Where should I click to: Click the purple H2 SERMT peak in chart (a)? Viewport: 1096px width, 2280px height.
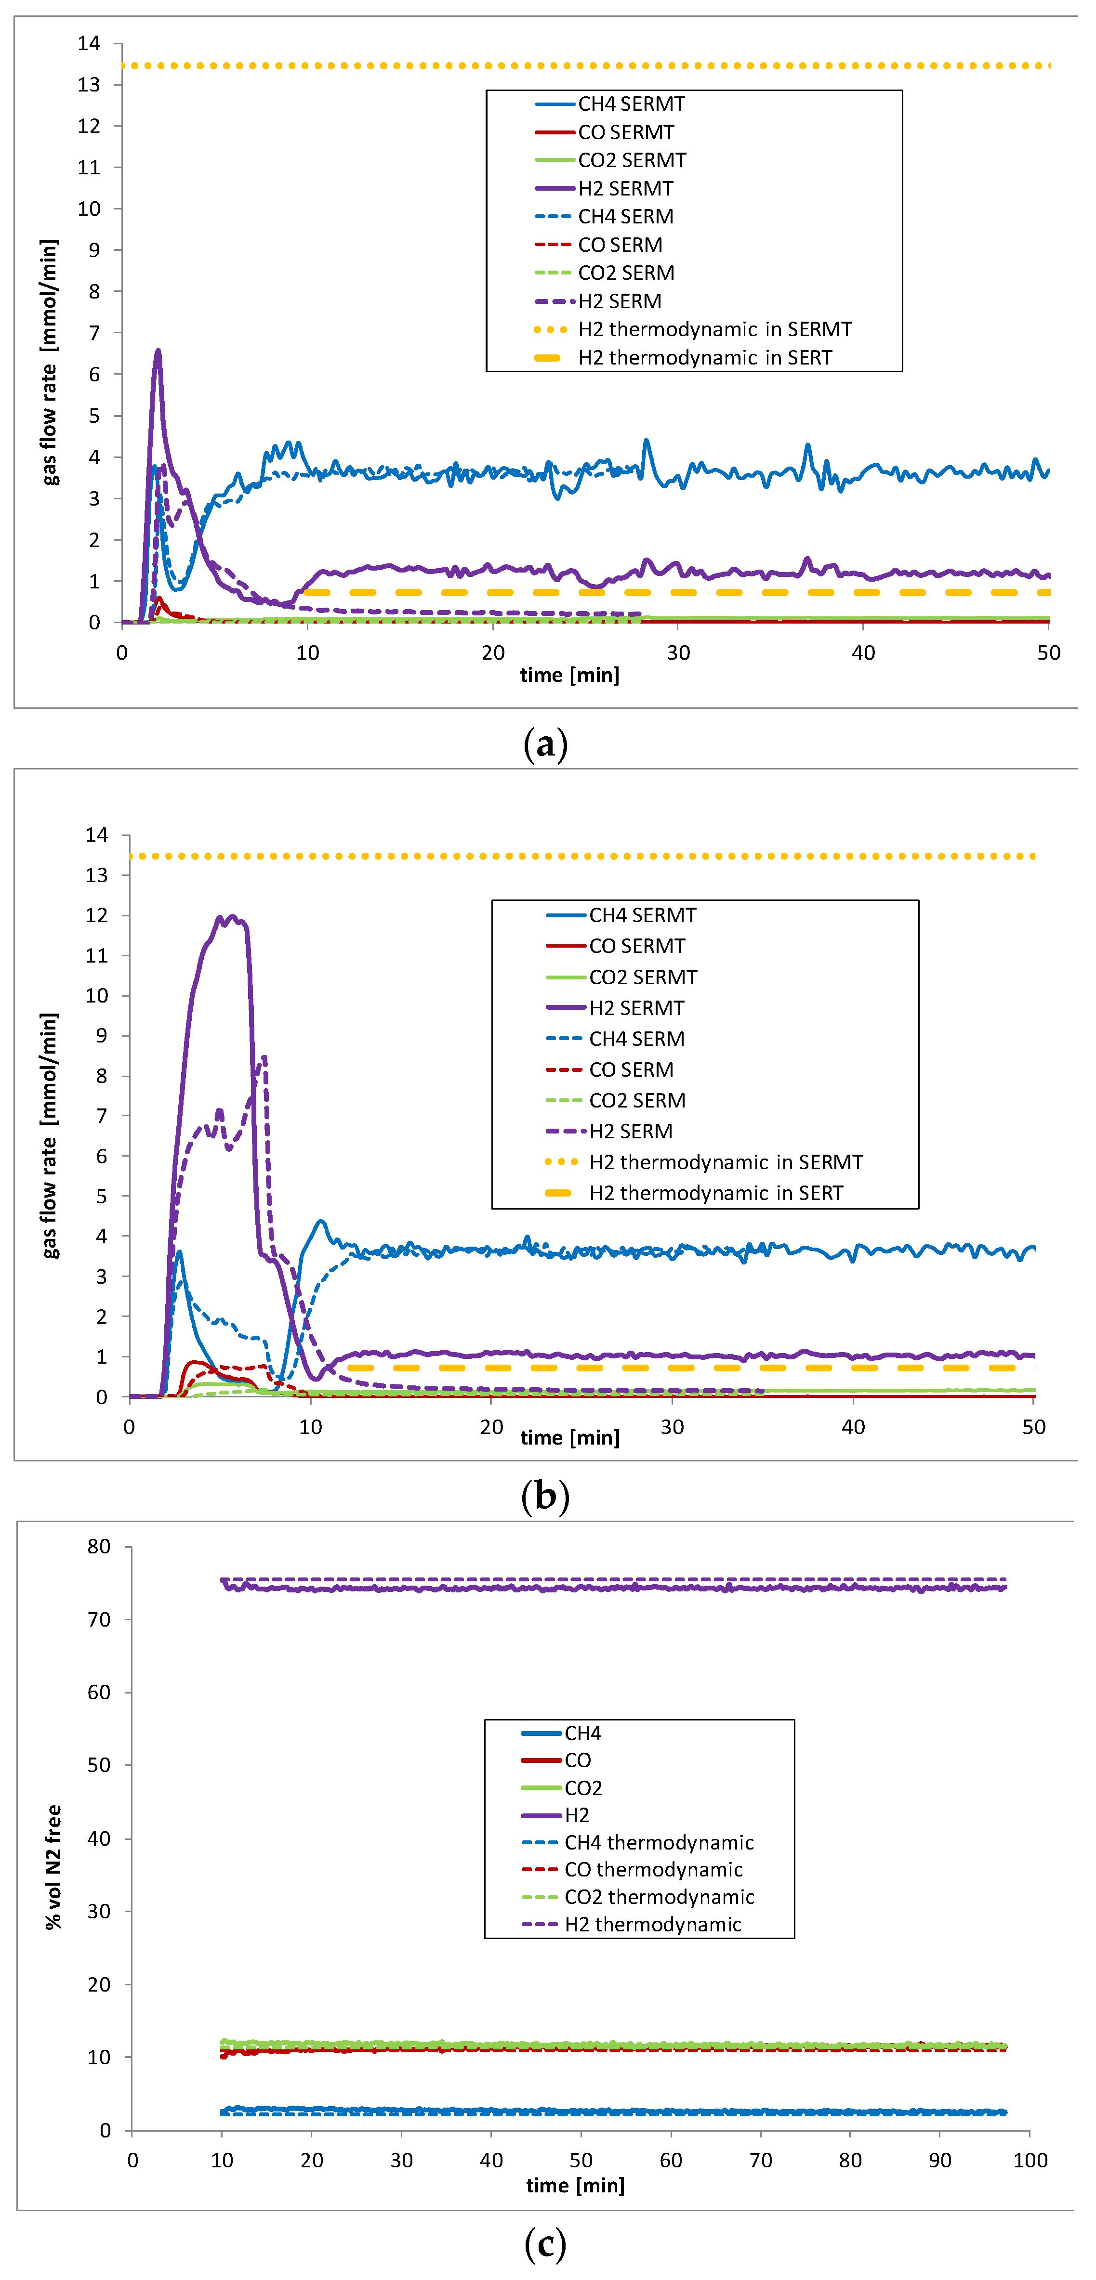point(158,352)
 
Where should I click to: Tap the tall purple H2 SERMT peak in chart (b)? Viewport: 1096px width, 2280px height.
point(233,917)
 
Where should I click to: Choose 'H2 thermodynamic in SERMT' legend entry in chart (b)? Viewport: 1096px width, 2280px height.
point(725,1162)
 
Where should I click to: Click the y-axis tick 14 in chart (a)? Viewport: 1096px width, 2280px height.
point(90,43)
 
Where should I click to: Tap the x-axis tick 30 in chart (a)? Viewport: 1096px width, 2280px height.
point(678,653)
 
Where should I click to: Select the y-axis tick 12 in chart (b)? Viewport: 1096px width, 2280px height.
point(96,915)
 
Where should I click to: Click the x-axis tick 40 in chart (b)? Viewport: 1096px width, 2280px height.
point(853,1427)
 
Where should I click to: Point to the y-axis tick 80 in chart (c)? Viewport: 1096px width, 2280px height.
point(99,1546)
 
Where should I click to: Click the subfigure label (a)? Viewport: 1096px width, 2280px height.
point(545,744)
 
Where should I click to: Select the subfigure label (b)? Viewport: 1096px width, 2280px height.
point(545,1497)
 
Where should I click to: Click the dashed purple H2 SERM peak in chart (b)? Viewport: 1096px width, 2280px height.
point(264,1058)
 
